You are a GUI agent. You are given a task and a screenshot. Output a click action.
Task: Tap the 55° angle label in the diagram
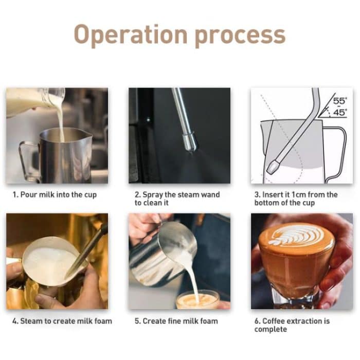(339, 101)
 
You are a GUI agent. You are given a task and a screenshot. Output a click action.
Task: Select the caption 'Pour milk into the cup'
(55, 195)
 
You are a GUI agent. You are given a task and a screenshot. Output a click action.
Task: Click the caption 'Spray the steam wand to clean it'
(177, 199)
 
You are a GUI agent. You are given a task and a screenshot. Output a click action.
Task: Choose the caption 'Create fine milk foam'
(176, 321)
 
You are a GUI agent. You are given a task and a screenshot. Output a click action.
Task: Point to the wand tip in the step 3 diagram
(272, 167)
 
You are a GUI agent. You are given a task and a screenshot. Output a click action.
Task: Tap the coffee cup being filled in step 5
(197, 300)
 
